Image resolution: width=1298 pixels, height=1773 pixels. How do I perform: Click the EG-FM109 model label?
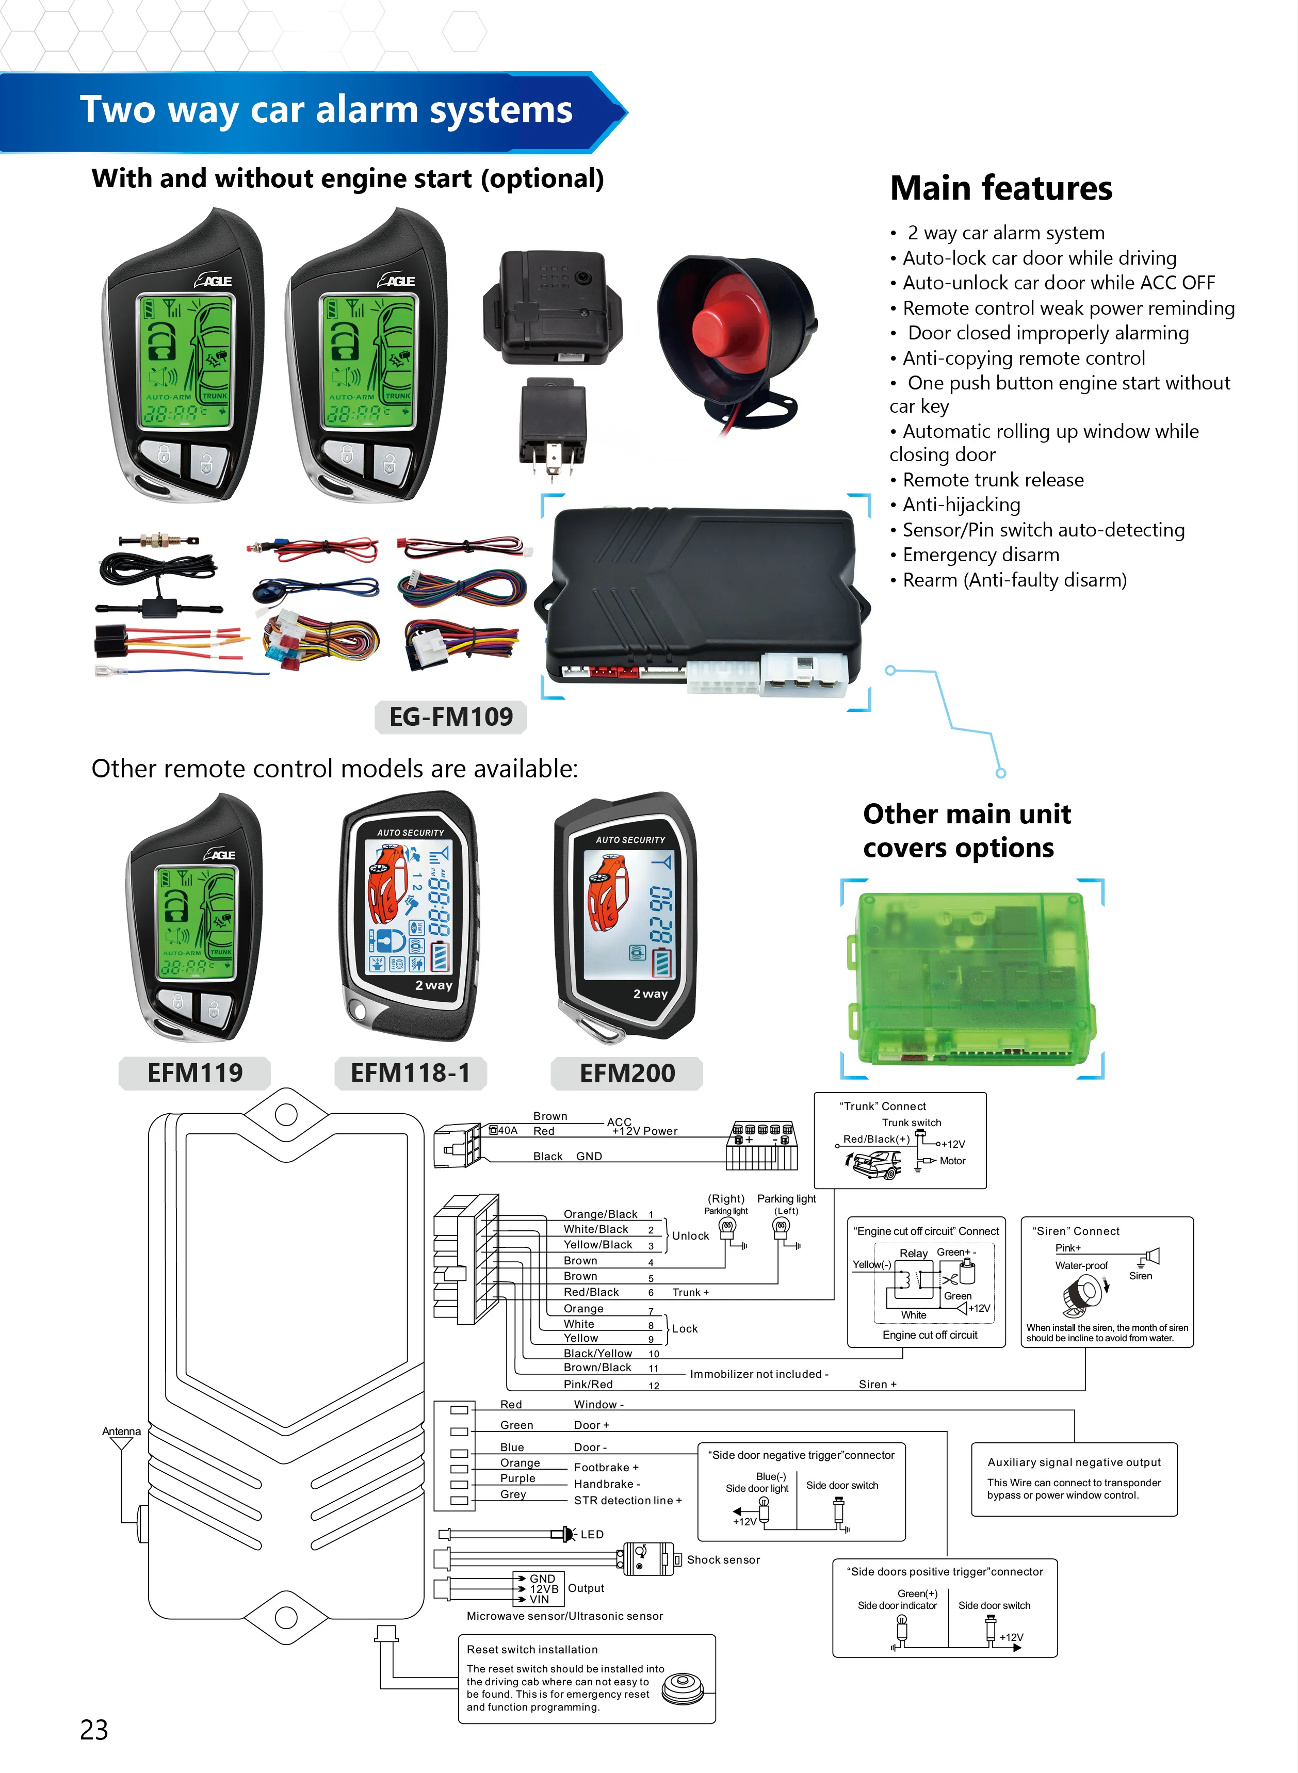(x=451, y=717)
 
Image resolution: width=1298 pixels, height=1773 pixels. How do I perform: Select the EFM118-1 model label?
(x=410, y=1073)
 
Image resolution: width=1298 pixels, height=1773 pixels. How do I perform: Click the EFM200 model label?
(x=627, y=1073)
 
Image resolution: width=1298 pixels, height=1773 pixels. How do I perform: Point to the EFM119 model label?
(x=195, y=1073)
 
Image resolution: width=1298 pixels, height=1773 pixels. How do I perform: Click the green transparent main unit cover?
(x=970, y=978)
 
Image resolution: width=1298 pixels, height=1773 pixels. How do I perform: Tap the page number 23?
(x=94, y=1730)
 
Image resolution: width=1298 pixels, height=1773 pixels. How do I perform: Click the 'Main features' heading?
(x=1001, y=188)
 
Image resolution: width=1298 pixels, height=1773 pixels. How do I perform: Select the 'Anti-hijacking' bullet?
(x=961, y=505)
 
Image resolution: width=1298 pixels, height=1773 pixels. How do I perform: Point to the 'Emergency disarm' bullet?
(x=981, y=556)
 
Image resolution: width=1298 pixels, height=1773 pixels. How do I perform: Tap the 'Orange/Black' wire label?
(x=601, y=1214)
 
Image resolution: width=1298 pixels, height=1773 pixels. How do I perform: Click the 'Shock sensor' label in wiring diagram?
(x=723, y=1559)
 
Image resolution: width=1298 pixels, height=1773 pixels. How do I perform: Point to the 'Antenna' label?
(x=121, y=1432)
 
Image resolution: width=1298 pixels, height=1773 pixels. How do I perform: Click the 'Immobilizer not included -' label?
(x=758, y=1374)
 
